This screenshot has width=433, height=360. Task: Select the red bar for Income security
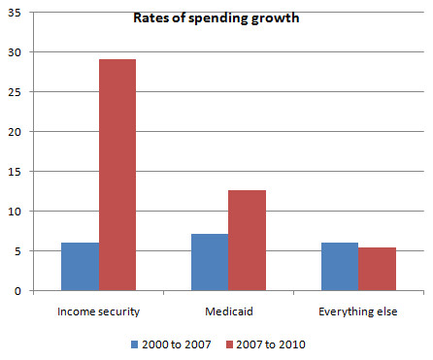click(117, 175)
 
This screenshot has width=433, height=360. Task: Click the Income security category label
click(98, 311)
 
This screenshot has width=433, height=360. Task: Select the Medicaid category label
click(228, 311)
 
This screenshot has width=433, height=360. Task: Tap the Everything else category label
click(358, 311)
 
